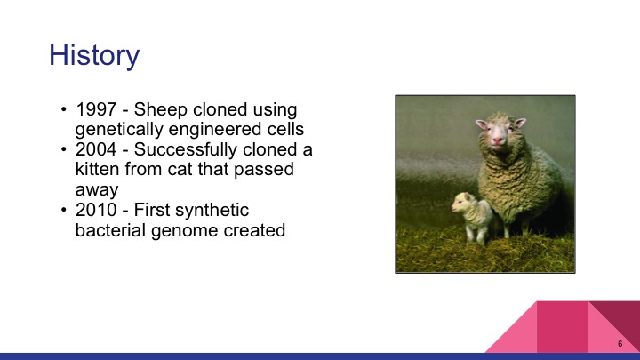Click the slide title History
tap(94, 55)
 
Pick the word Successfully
tap(183, 150)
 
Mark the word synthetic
tap(218, 211)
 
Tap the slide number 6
tap(619, 342)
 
